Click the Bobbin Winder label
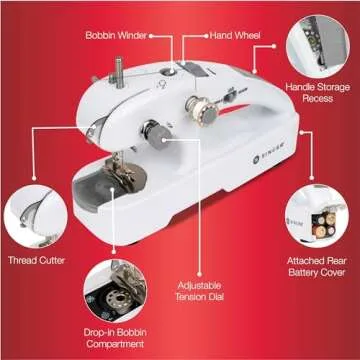click(116, 35)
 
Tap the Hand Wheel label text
click(235, 35)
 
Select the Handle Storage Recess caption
click(318, 93)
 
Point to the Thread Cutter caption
click(36, 260)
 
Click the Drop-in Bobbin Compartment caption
click(115, 338)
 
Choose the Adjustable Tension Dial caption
click(199, 291)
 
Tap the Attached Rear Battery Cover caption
click(317, 266)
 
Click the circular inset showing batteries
click(317, 216)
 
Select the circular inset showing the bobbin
click(115, 291)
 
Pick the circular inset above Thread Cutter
click(36, 216)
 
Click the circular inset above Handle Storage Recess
click(318, 46)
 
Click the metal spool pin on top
click(119, 72)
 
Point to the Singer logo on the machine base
click(268, 152)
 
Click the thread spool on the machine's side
click(201, 110)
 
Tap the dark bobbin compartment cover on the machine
click(93, 191)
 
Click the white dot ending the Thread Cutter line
click(34, 178)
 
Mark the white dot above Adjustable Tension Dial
click(199, 274)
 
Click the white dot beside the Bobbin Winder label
click(151, 35)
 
